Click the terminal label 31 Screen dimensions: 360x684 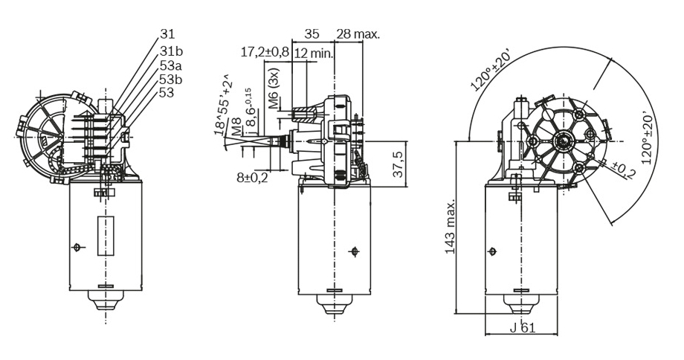(167, 33)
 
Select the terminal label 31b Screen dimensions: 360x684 (171, 51)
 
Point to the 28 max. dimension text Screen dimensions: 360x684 (358, 33)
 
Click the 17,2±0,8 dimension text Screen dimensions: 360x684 (265, 53)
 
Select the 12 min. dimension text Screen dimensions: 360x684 (313, 53)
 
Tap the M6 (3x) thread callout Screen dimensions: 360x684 (274, 90)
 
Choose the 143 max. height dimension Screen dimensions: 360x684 (450, 227)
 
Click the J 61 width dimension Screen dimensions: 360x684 (523, 329)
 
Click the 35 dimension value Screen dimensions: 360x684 (312, 33)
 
